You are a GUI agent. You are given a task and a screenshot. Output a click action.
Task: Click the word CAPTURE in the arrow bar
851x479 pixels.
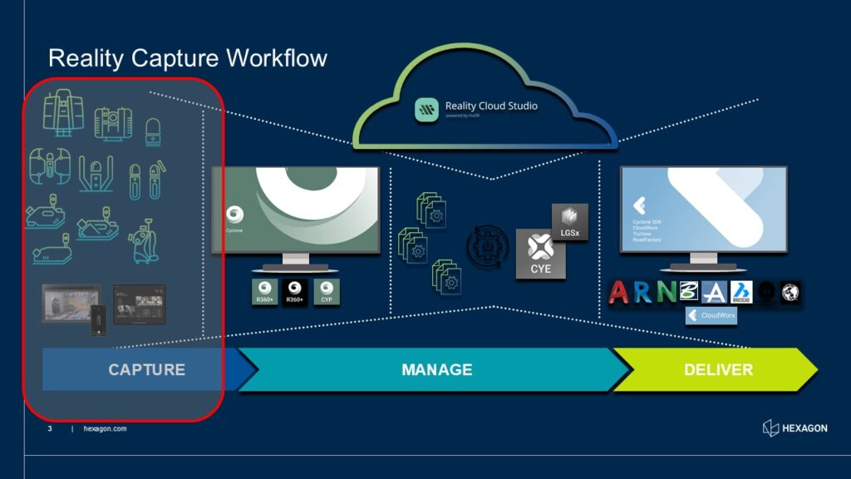tap(146, 369)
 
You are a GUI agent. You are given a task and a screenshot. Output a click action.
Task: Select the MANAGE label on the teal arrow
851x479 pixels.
tap(436, 369)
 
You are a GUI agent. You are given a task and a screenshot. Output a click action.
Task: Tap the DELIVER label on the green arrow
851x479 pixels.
tap(718, 369)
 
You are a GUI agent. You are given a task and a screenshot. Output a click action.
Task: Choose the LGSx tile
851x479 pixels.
tap(569, 222)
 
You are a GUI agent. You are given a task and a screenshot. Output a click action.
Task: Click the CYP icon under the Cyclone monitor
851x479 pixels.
tap(327, 292)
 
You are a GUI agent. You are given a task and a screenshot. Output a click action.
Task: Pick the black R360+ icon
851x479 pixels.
tap(295, 292)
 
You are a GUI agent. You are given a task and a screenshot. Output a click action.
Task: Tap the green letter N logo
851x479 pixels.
tap(667, 292)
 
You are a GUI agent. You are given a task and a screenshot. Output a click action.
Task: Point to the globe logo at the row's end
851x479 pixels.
tap(791, 292)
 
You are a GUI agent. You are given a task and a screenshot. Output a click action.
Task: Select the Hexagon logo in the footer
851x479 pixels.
tap(794, 428)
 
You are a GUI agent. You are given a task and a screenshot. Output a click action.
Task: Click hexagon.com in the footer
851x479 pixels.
tap(105, 429)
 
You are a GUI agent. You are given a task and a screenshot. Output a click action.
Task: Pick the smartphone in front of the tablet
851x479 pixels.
tap(100, 320)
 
